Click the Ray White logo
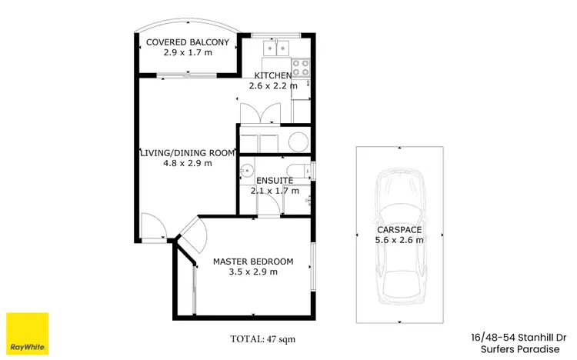click(27, 333)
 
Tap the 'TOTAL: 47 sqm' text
click(262, 338)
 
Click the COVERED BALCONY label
click(186, 43)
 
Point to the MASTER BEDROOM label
click(252, 261)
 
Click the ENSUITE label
click(274, 181)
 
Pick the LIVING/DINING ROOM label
click(186, 152)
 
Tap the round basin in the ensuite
click(246, 170)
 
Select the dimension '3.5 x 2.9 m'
click(252, 272)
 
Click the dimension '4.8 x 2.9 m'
click(186, 163)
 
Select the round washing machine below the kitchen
click(297, 142)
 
